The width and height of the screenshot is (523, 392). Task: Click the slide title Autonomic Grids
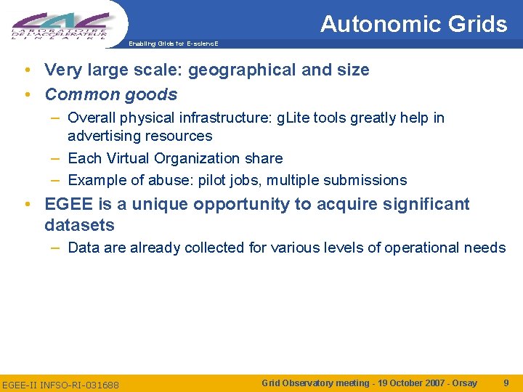click(x=413, y=24)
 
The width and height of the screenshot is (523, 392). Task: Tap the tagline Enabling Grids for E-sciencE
click(x=174, y=44)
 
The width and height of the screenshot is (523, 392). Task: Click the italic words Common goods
click(x=111, y=94)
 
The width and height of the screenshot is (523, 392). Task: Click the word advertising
click(x=102, y=136)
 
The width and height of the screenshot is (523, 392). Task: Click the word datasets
click(x=79, y=225)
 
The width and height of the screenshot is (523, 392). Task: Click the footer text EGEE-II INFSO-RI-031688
click(x=61, y=383)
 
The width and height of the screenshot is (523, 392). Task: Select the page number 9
click(x=506, y=382)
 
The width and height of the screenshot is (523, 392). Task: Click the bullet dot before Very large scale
click(x=27, y=70)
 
